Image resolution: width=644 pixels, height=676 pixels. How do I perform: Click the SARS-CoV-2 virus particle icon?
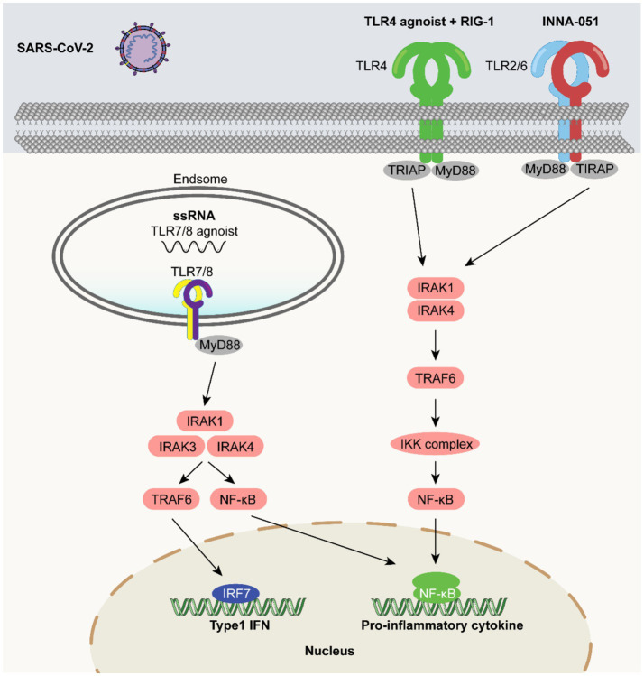[x=143, y=48]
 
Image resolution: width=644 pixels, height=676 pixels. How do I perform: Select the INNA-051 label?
[x=570, y=22]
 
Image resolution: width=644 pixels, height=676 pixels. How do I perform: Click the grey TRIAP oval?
[x=406, y=171]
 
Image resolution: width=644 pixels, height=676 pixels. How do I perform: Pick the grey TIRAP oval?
[x=594, y=169]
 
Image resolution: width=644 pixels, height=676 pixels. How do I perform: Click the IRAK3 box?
[x=177, y=447]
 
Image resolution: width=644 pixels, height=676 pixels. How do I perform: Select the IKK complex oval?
[x=436, y=444]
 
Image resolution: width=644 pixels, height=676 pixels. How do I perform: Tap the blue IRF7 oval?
[x=235, y=594]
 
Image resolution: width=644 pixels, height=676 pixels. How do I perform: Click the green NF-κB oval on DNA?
[x=437, y=588]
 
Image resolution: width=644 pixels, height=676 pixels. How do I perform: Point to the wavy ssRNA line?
[x=194, y=246]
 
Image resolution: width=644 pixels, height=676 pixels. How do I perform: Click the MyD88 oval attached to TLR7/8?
[x=219, y=346]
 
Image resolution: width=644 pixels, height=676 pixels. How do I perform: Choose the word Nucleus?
[x=329, y=651]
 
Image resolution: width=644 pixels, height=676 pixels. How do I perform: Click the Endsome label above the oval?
[x=200, y=179]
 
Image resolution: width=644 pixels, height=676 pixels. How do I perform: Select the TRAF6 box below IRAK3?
[x=171, y=499]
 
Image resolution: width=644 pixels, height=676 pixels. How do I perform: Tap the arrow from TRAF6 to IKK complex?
[x=436, y=412]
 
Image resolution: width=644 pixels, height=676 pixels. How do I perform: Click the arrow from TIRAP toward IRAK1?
[x=528, y=227]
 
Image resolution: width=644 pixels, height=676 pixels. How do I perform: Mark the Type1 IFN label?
[x=240, y=625]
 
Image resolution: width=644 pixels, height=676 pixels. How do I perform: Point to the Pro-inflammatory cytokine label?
[x=442, y=625]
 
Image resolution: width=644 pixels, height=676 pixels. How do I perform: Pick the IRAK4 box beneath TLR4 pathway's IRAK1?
[x=435, y=310]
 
